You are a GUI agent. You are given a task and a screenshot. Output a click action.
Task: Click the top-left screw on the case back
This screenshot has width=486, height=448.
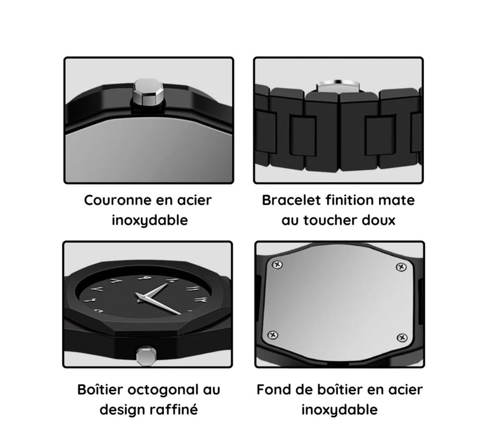coord(277,264)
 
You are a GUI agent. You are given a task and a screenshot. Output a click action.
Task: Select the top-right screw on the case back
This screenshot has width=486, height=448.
coord(402,266)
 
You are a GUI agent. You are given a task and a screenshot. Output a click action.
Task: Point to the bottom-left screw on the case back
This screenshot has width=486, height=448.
coord(273,334)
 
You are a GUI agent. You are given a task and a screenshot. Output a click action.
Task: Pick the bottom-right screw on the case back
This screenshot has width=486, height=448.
coord(402,338)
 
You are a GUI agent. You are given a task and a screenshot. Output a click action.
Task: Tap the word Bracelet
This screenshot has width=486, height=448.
coord(291,200)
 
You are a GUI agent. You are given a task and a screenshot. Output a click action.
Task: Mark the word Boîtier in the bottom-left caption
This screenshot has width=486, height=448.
coord(100,390)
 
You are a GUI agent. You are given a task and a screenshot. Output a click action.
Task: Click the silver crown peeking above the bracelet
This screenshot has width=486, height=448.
coord(338,86)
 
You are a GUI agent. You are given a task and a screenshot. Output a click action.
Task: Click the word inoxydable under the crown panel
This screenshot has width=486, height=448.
coord(149,221)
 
